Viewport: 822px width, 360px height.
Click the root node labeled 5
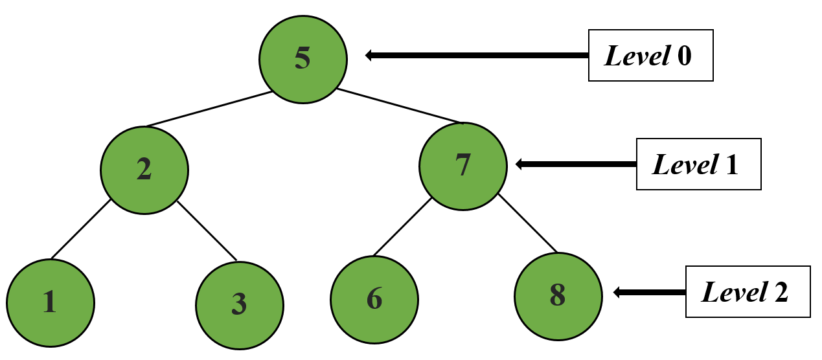point(303,58)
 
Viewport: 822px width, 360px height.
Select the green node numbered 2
point(144,170)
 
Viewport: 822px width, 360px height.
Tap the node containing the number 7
point(462,166)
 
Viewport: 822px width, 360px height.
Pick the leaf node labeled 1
point(51,302)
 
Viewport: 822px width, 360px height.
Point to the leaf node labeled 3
point(239,304)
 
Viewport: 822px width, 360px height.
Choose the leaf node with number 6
point(374,300)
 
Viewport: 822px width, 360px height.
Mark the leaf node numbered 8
point(558,295)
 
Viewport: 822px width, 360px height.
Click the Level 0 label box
point(650,56)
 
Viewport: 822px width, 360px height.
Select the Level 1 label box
point(698,164)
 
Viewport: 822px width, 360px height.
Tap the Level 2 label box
point(748,292)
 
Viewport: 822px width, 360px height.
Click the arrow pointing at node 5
point(476,56)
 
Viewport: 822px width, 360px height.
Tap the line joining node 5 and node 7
point(400,105)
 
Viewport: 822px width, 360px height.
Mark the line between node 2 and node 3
point(207,231)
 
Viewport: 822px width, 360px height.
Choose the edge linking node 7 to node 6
point(402,226)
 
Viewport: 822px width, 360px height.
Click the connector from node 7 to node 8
point(527,223)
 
